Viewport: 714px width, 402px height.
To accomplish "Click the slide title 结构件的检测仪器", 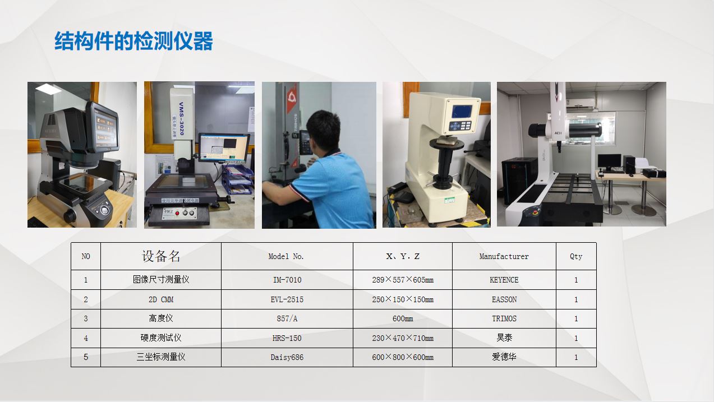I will (x=133, y=41).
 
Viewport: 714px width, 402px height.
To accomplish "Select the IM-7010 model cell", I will (x=287, y=280).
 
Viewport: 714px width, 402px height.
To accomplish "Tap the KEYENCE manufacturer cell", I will (x=504, y=280).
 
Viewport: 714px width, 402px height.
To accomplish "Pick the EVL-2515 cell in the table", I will (x=287, y=299).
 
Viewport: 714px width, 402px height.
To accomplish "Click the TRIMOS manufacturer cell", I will (x=504, y=318).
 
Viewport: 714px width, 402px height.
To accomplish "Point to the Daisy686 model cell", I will (x=287, y=357).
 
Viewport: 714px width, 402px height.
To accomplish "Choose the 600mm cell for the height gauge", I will (x=402, y=318).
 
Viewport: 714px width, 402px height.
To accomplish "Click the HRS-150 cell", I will (x=287, y=338).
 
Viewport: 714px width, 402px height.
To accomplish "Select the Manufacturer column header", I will (x=504, y=256).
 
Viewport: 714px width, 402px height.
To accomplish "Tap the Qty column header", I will (x=575, y=256).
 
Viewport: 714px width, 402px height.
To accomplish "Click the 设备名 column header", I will (x=161, y=256).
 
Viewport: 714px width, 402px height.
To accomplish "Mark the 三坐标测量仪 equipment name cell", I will (x=161, y=357).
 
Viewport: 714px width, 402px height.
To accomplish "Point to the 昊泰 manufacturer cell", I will (x=504, y=338).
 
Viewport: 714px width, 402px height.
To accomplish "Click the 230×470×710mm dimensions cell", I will (x=402, y=338).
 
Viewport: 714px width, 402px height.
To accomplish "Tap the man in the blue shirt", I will (x=325, y=179).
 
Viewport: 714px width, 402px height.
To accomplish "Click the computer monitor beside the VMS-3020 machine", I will (x=223, y=147).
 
